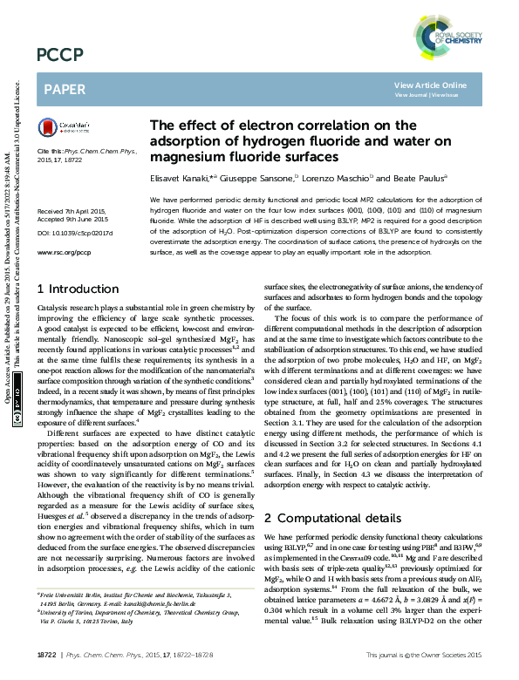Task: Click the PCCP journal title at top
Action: pyautogui.click(x=59, y=56)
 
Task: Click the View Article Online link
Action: pyautogui.click(x=430, y=85)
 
